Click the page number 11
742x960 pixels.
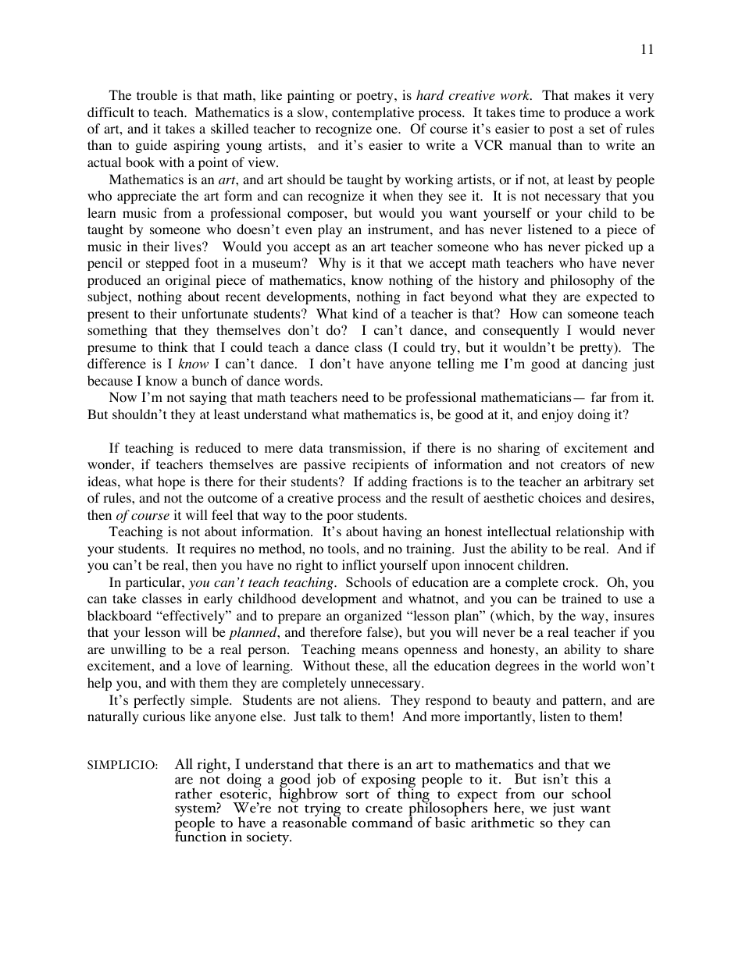click(647, 49)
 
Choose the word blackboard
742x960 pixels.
click(122, 617)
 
